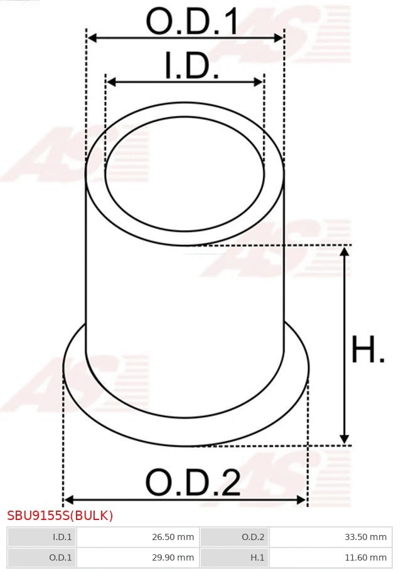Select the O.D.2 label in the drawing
[x=193, y=483]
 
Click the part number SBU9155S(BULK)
[x=60, y=516]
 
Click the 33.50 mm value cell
[x=330, y=537]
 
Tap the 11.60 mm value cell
[x=330, y=557]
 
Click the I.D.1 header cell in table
[x=41, y=537]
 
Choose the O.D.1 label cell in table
[x=41, y=557]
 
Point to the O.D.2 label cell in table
[x=233, y=537]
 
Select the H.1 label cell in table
[x=233, y=557]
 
